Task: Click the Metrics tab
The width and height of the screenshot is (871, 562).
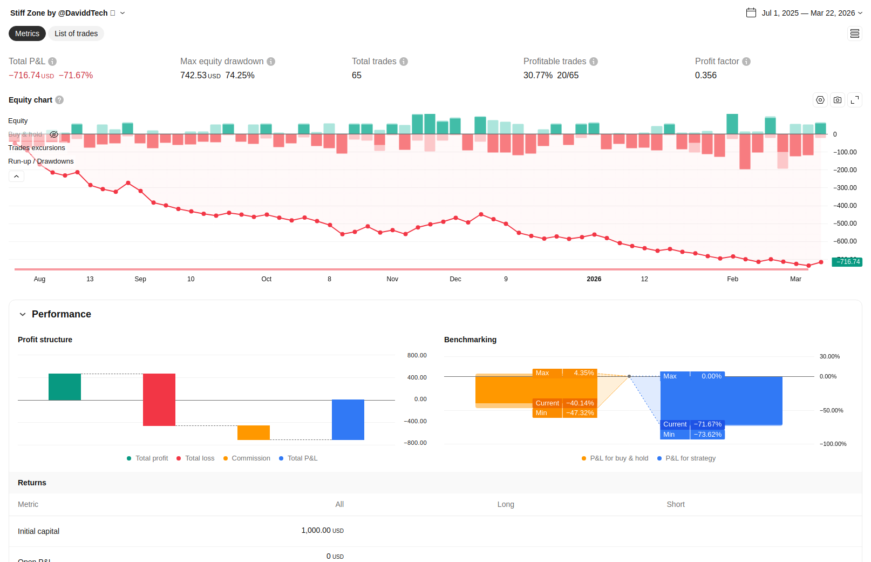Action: pos(27,33)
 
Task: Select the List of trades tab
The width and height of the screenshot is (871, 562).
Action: pos(76,33)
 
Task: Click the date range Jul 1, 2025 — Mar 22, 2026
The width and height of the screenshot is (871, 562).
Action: pos(808,13)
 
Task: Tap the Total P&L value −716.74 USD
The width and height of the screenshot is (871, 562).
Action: pos(31,76)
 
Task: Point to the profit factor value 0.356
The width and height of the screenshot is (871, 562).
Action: pos(706,76)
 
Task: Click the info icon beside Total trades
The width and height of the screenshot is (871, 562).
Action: pos(404,62)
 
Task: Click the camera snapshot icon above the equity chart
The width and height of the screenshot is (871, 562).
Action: pos(838,100)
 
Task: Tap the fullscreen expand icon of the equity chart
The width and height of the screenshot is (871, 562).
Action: pos(855,100)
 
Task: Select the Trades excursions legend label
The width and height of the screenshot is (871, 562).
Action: pos(37,148)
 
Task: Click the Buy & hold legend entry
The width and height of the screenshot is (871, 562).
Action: pos(25,134)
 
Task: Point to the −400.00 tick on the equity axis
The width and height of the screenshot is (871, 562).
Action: pos(845,206)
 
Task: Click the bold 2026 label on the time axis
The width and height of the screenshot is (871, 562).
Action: pos(594,279)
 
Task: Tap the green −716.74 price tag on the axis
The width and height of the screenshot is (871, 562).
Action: pos(847,262)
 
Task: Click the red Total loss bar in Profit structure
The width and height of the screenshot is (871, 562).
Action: pos(159,400)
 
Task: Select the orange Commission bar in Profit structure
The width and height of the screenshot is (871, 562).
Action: pos(254,432)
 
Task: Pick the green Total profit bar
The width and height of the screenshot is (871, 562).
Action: pos(65,387)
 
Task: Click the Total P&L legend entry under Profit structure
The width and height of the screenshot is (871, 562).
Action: pos(302,458)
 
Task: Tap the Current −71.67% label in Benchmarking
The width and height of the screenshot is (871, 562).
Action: pos(692,424)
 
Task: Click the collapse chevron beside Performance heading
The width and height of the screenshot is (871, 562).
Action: pos(23,314)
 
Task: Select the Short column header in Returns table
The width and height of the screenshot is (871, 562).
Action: pos(675,504)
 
